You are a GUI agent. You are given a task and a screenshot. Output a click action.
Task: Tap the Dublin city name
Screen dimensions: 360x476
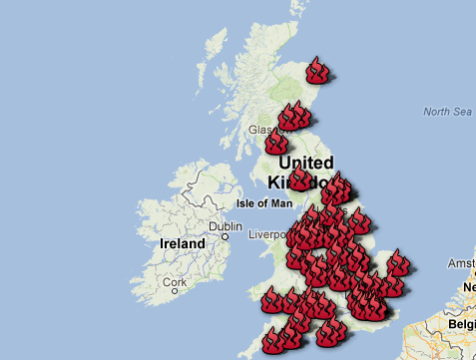tap(227, 226)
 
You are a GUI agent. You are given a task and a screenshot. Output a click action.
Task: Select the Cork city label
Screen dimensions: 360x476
tap(176, 283)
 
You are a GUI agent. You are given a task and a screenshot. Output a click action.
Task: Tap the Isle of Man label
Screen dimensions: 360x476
tap(264, 203)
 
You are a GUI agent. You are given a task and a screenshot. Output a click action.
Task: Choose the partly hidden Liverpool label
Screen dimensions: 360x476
tap(268, 235)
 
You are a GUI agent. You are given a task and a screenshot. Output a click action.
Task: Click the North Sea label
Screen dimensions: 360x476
tap(446, 112)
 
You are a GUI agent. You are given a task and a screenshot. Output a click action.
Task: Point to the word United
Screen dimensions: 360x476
tap(306, 163)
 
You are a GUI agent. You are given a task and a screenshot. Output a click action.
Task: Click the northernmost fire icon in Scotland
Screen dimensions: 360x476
tap(318, 70)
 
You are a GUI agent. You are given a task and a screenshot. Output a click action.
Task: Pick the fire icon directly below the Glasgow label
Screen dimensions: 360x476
tap(276, 144)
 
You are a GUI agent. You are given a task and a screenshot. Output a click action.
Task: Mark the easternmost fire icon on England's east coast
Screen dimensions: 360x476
tap(399, 263)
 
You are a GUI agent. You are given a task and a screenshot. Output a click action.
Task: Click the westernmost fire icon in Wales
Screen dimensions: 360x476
tap(270, 298)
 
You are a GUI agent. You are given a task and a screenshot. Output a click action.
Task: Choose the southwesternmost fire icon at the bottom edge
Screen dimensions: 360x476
tap(273, 342)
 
